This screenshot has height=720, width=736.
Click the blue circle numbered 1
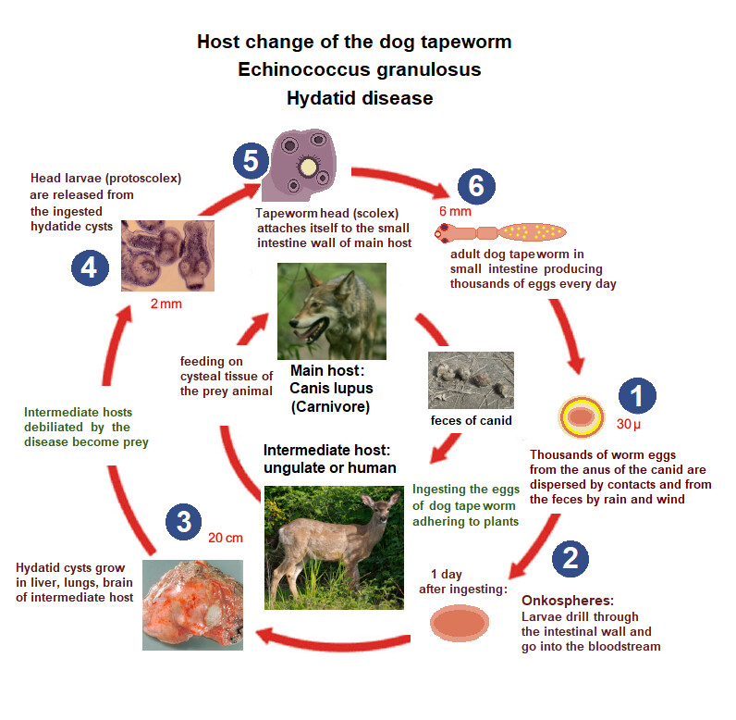click(x=637, y=396)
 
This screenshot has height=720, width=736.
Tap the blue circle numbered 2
click(x=570, y=557)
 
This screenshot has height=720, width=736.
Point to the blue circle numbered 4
click(x=90, y=268)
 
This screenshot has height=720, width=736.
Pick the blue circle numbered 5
click(x=249, y=161)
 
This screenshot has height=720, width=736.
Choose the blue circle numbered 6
click(x=476, y=185)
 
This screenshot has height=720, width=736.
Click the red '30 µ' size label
click(x=629, y=425)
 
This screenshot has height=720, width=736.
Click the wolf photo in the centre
click(x=332, y=311)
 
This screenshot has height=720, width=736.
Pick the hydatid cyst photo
click(x=192, y=603)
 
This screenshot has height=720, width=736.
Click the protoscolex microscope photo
click(x=167, y=254)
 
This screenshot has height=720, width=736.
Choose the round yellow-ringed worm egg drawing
click(x=582, y=418)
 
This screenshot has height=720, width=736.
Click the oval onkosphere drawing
click(x=466, y=623)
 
